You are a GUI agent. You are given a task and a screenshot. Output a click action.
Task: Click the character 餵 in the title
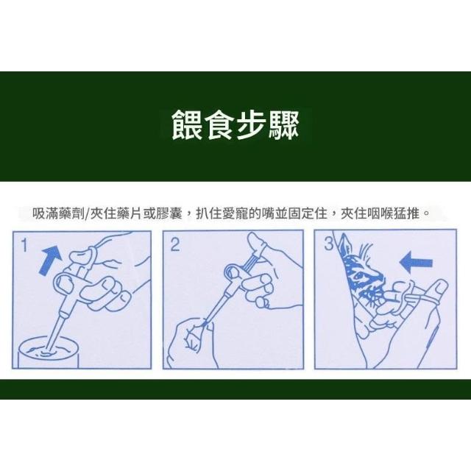tap(186, 124)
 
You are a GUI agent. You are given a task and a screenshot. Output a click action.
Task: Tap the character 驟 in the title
tap(284, 124)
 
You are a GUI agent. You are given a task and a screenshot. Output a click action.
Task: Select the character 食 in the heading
tap(219, 124)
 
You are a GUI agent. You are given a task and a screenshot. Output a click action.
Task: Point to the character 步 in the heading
tap(252, 124)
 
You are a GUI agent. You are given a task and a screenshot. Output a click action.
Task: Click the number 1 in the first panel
tap(24, 245)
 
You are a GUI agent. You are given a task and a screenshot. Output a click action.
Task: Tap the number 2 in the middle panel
tap(175, 244)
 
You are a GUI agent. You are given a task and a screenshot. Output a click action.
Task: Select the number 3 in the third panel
tap(329, 244)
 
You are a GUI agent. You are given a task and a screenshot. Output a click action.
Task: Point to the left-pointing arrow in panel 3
tap(416, 263)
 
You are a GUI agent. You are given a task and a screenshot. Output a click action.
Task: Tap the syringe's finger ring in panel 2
tap(233, 270)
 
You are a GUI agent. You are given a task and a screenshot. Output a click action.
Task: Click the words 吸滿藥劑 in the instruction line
tap(59, 214)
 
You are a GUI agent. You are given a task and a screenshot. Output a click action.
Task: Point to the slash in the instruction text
tap(88, 214)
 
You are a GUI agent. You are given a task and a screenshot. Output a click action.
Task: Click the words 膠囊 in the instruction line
tap(169, 214)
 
